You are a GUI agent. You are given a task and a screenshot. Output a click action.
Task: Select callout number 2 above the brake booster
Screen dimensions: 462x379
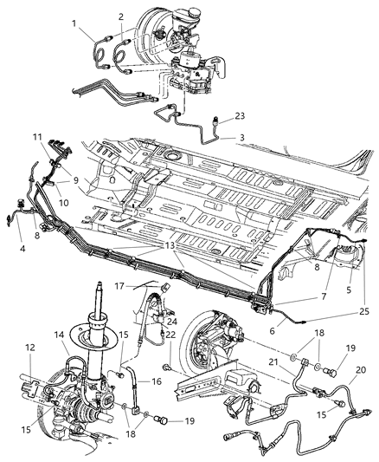click(122, 16)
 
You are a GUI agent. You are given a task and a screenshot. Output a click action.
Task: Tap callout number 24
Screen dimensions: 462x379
click(173, 322)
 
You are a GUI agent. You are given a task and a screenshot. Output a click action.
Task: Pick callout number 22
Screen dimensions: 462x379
click(170, 335)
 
